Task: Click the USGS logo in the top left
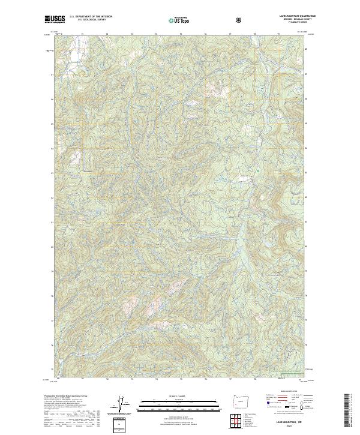pos(55,20)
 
